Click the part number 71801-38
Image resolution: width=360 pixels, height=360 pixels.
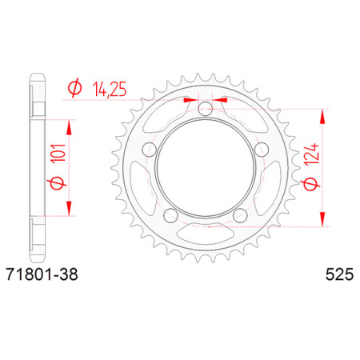[x=42, y=274]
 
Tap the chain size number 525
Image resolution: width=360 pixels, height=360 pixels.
[x=339, y=274]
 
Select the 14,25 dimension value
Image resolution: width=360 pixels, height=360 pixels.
[x=110, y=89]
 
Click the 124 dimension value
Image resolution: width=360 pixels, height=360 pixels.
[x=313, y=154]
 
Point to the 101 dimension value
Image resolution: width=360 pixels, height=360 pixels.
[x=58, y=153]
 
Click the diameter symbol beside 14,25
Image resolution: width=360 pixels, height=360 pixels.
[x=74, y=88]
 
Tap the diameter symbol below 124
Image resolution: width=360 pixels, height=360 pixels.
[x=310, y=184]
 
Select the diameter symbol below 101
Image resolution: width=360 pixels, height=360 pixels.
[x=57, y=183]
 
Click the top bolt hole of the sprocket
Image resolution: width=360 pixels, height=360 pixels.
[x=206, y=108]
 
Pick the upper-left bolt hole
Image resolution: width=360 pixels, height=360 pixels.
[x=150, y=150]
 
